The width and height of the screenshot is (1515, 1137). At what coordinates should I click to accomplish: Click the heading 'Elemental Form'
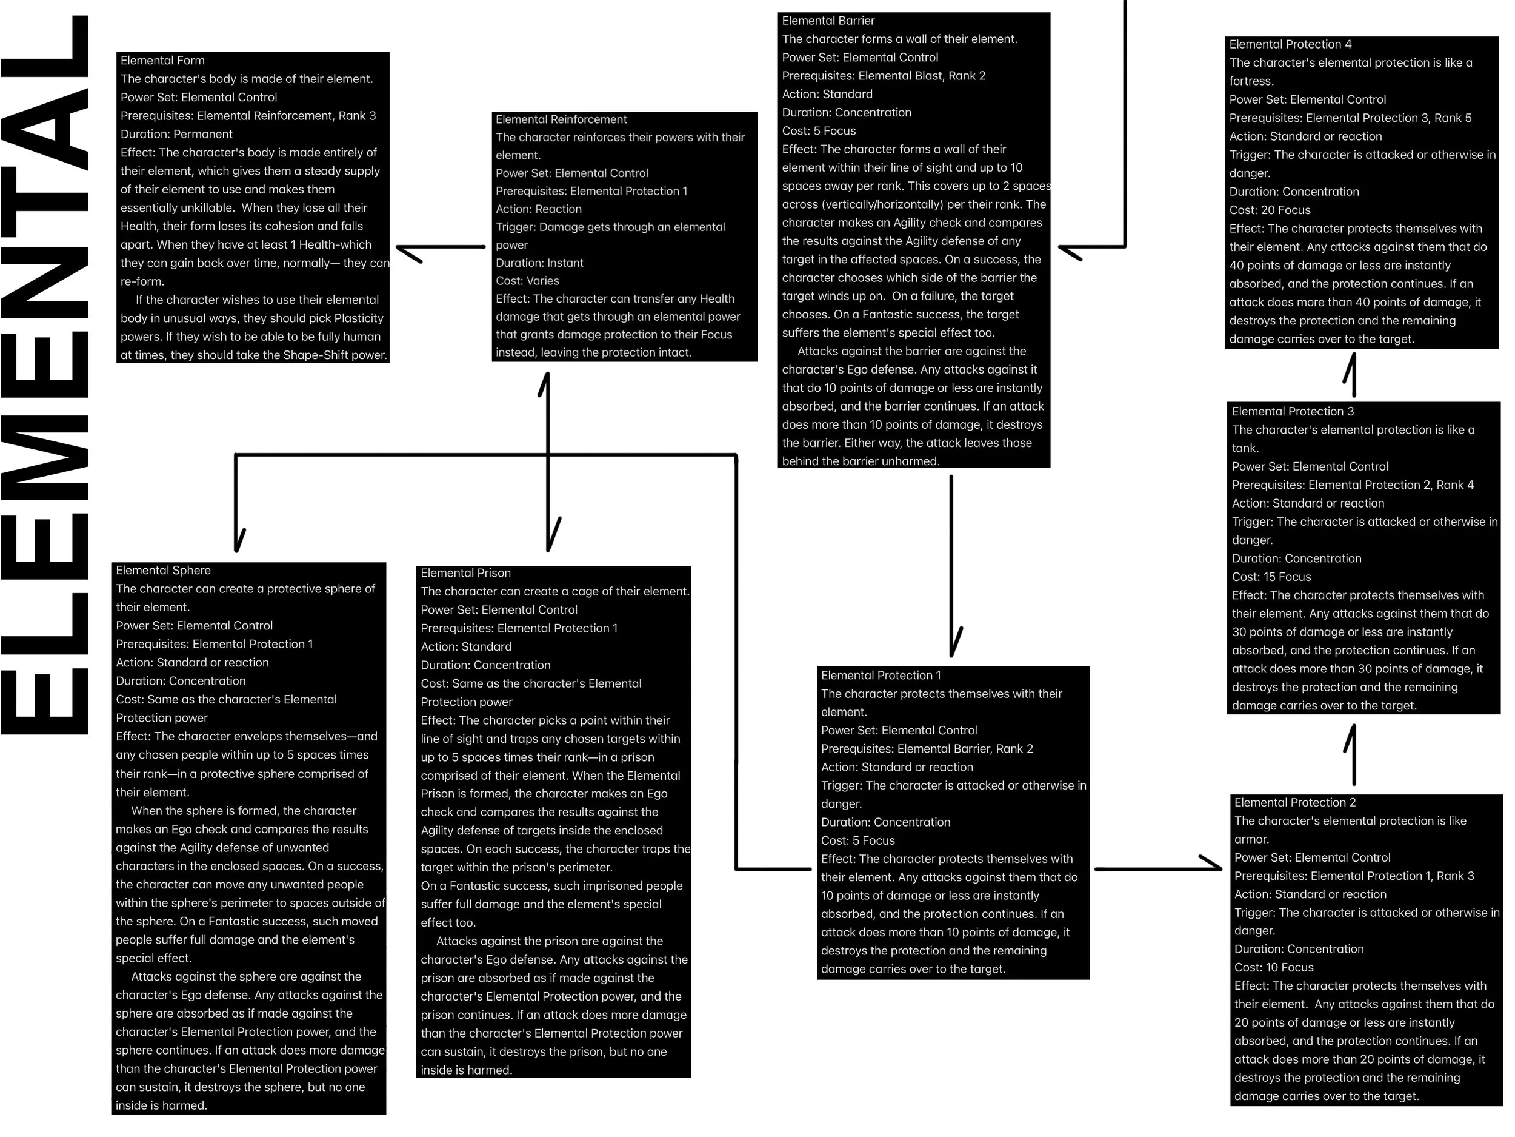point(162,60)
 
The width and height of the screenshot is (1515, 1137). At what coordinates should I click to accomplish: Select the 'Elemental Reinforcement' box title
point(561,119)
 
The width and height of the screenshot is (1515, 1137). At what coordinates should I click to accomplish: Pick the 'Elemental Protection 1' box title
point(881,675)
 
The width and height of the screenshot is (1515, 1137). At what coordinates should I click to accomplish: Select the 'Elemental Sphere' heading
point(163,570)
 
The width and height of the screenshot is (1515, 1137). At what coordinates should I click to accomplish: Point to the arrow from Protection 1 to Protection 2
point(1157,868)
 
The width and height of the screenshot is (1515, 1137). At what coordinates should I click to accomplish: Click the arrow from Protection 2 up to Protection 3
point(1353,754)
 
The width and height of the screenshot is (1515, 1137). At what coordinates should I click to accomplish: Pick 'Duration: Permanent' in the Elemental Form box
point(177,135)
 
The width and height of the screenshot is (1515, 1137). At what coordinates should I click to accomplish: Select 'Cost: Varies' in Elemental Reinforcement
point(527,281)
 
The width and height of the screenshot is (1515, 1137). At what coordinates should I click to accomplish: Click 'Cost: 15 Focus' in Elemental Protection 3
point(1271,577)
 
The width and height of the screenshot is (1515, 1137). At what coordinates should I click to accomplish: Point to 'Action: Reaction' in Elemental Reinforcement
point(538,209)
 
